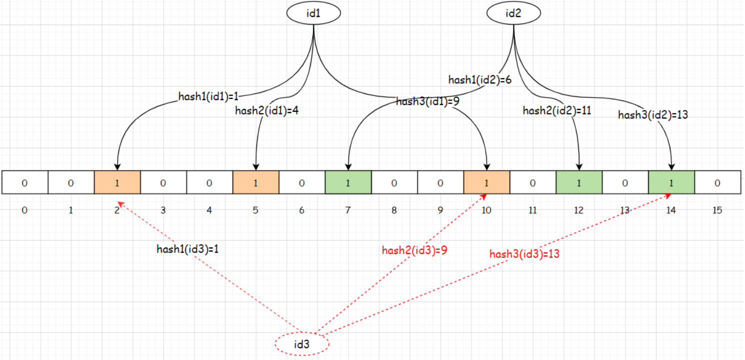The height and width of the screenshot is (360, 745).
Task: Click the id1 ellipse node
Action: click(x=313, y=13)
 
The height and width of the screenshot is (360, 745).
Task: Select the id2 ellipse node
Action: click(x=513, y=13)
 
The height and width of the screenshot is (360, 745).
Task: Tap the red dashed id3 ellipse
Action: click(x=302, y=344)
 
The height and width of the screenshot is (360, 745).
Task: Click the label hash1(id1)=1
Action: click(x=208, y=96)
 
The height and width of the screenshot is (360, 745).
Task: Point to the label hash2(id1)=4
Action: click(x=266, y=110)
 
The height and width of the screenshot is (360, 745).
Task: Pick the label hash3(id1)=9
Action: click(x=427, y=101)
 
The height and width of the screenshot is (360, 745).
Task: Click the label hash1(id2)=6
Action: click(x=480, y=80)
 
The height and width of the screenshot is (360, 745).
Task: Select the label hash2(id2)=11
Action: click(x=557, y=110)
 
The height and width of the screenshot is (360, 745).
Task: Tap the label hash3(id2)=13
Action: click(x=653, y=115)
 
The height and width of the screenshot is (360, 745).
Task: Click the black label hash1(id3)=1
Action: click(x=187, y=249)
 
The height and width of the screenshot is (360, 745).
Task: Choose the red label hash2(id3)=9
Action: click(x=414, y=250)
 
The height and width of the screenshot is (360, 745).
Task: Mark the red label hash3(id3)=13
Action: click(x=524, y=254)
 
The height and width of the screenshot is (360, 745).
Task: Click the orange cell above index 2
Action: click(x=117, y=182)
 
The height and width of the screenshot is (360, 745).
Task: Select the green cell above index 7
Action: click(x=348, y=182)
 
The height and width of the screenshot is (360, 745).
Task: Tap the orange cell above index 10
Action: click(x=486, y=182)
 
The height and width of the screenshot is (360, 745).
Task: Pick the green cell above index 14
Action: click(x=671, y=182)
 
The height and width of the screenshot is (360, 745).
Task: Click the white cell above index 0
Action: click(x=25, y=182)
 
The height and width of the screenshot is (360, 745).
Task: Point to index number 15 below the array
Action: click(x=717, y=210)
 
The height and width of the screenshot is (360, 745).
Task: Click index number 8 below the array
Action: click(x=394, y=210)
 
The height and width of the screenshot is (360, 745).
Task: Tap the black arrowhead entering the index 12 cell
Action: click(x=579, y=167)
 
